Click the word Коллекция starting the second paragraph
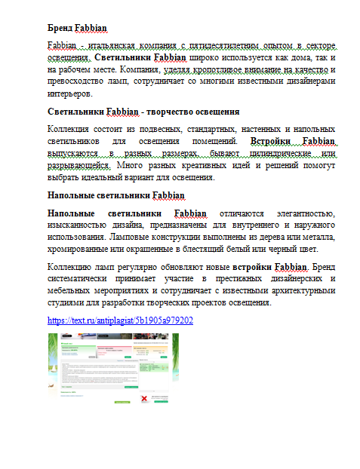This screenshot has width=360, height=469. click(69, 130)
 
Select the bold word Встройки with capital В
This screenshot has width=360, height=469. click(269, 141)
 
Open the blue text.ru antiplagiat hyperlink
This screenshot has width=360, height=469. click(120, 320)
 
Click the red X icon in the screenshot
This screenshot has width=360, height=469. click(144, 390)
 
